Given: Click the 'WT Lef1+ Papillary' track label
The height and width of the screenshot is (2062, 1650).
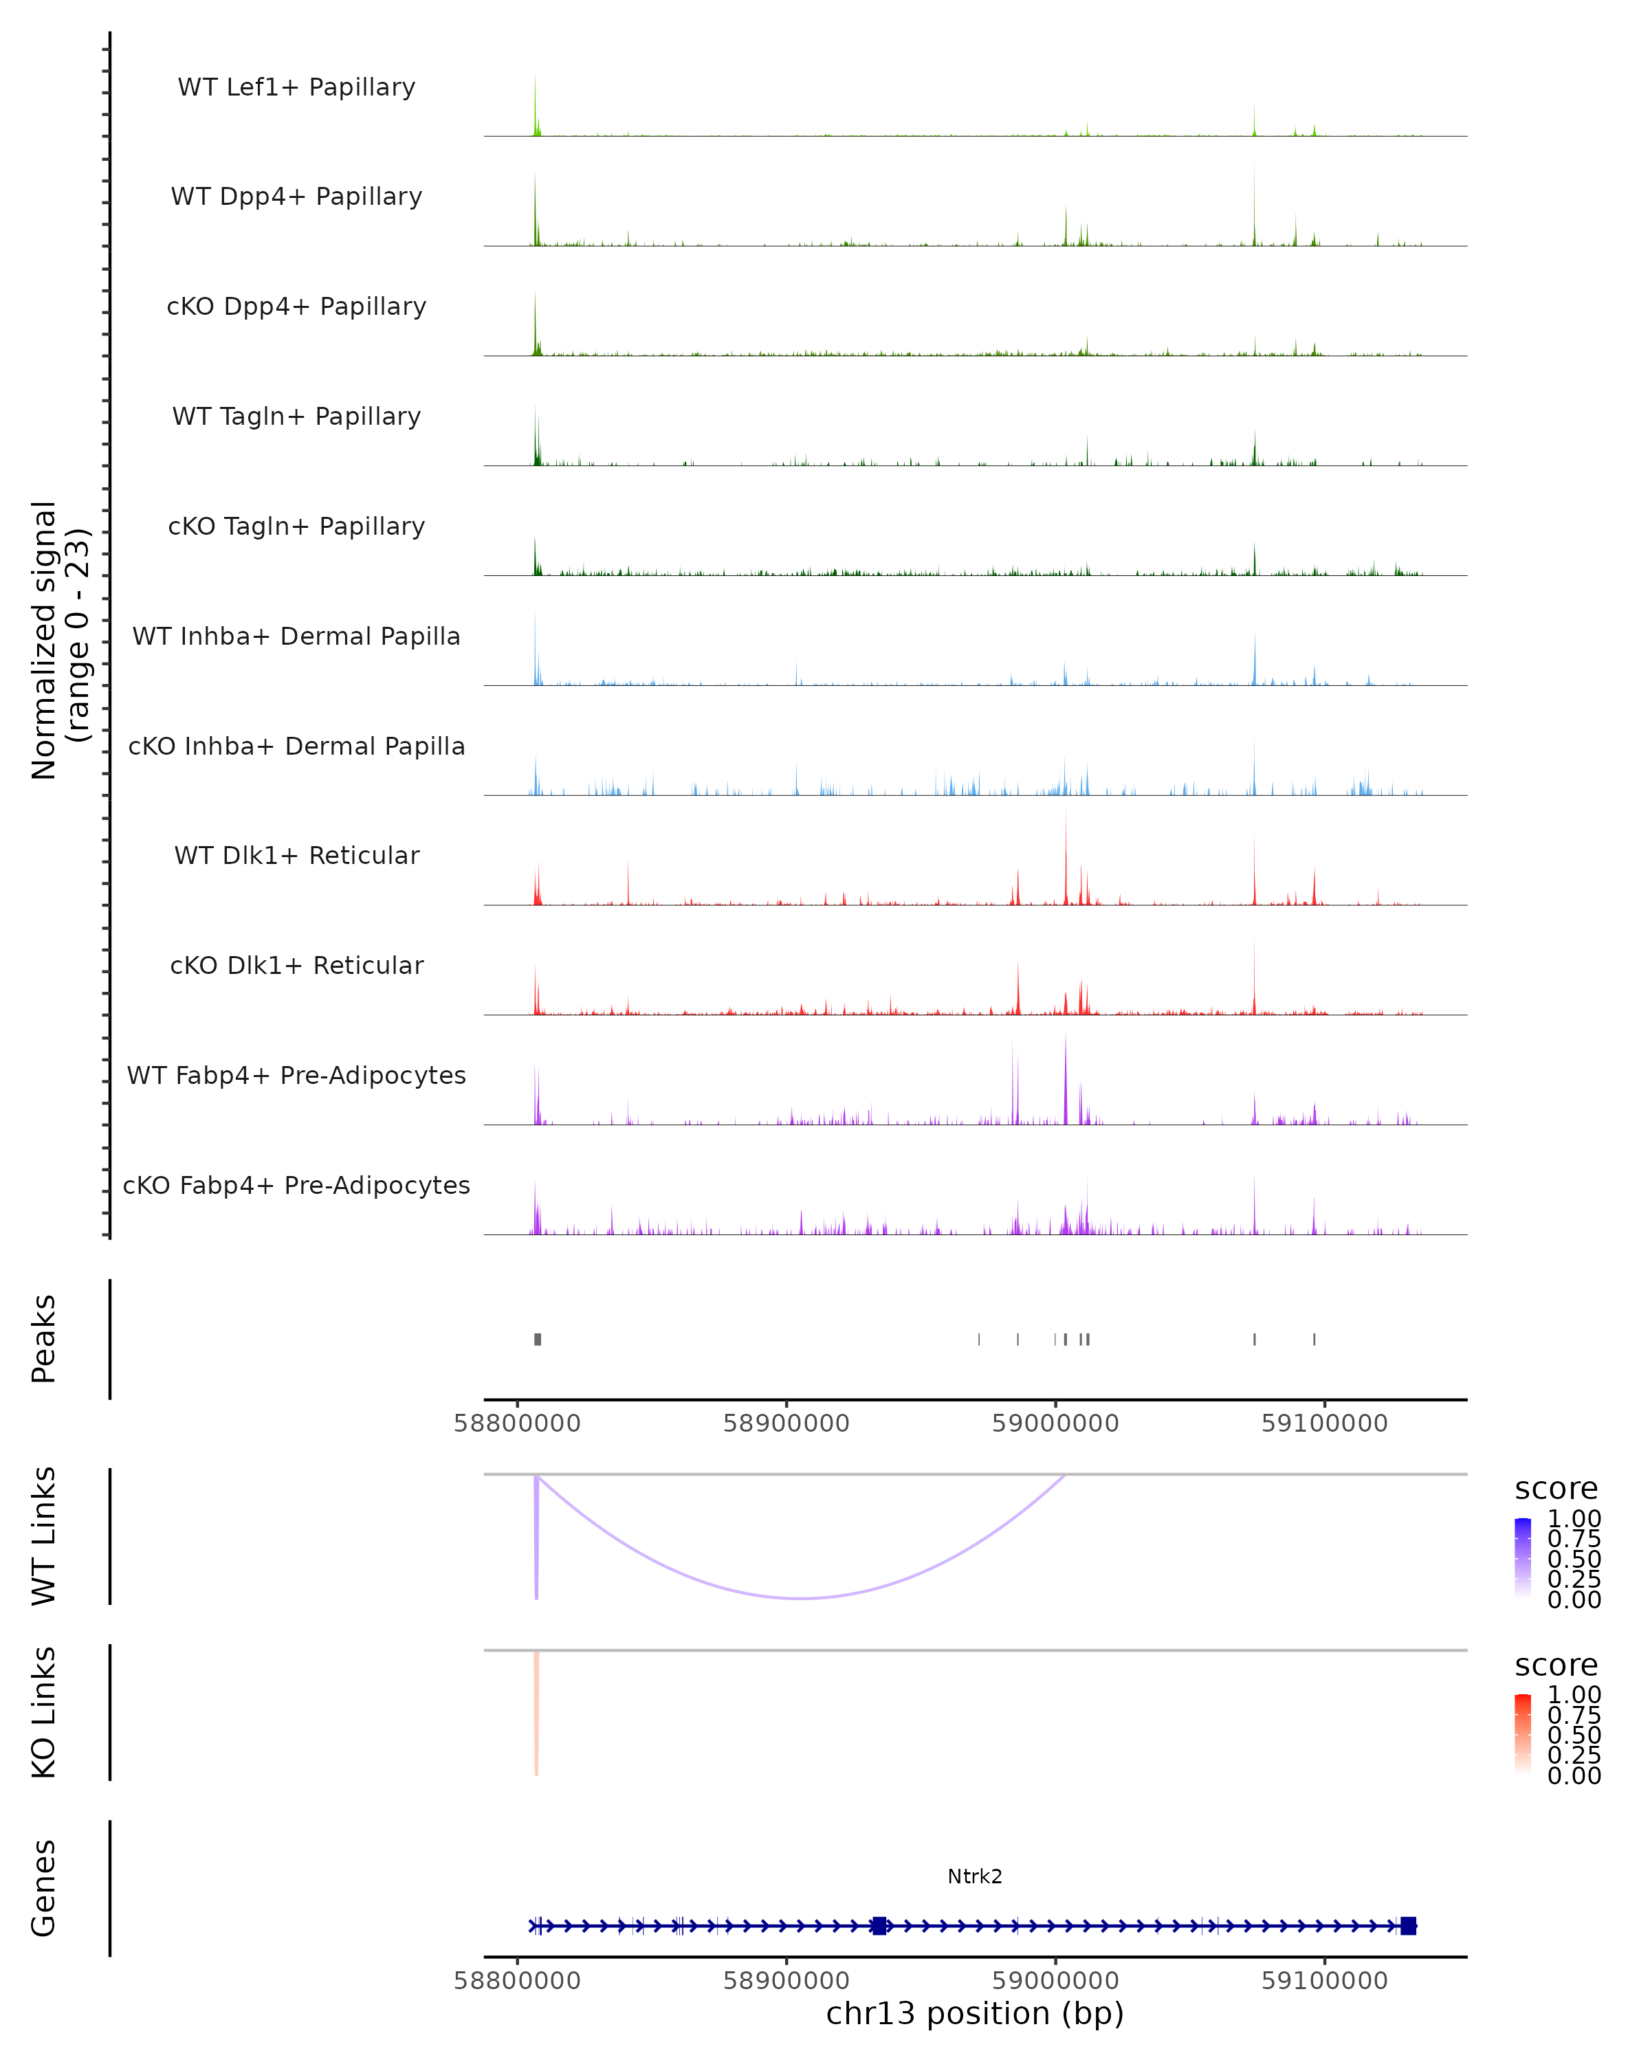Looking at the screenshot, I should (296, 87).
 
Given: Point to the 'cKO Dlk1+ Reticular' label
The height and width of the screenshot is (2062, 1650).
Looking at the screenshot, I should (296, 965).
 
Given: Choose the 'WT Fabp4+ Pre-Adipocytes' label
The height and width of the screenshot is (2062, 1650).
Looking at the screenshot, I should (296, 1075).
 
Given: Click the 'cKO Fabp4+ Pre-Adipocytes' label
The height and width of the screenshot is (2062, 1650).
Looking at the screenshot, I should (296, 1185).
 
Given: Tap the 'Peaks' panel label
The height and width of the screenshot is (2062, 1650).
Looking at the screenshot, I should (44, 1338).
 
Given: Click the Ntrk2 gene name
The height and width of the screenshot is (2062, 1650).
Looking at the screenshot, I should (975, 1876).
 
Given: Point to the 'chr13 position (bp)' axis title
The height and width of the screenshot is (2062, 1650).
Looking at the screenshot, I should (975, 2013).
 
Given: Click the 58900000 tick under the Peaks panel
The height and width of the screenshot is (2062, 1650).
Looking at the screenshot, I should (786, 1423).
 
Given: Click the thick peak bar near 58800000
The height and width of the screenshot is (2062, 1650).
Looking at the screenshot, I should (538, 1339).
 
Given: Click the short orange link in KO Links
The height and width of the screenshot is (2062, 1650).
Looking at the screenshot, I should (537, 1712).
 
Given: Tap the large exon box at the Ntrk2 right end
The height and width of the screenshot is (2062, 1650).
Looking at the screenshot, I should (1407, 1925).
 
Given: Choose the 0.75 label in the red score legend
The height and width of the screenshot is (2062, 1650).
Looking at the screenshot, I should (1574, 1715).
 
